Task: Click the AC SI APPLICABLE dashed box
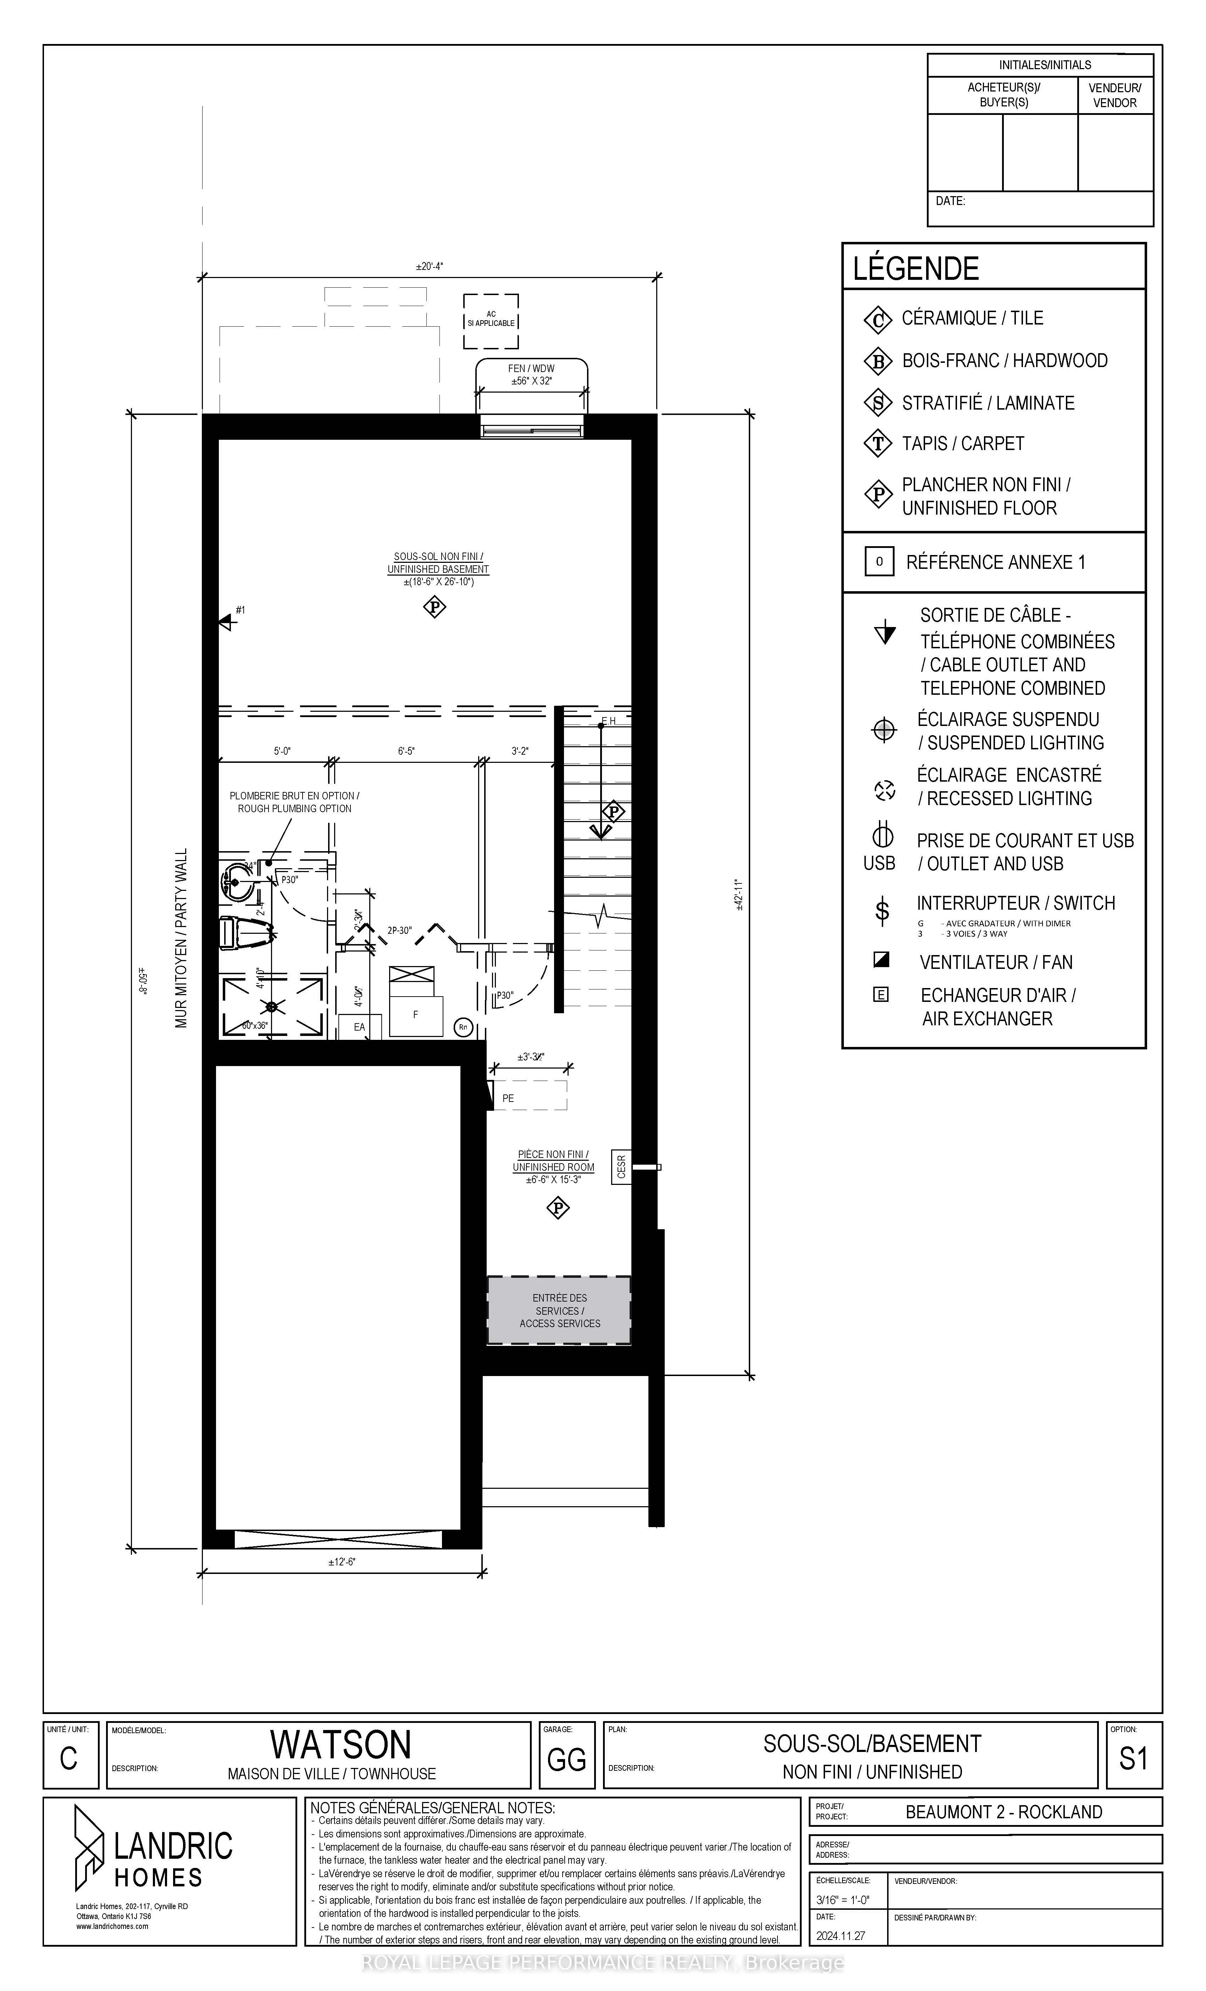(x=491, y=320)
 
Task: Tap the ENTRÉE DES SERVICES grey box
(x=559, y=1311)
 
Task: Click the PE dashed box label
(x=508, y=1098)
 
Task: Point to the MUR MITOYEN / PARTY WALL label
(x=181, y=937)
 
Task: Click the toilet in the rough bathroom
(x=243, y=933)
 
